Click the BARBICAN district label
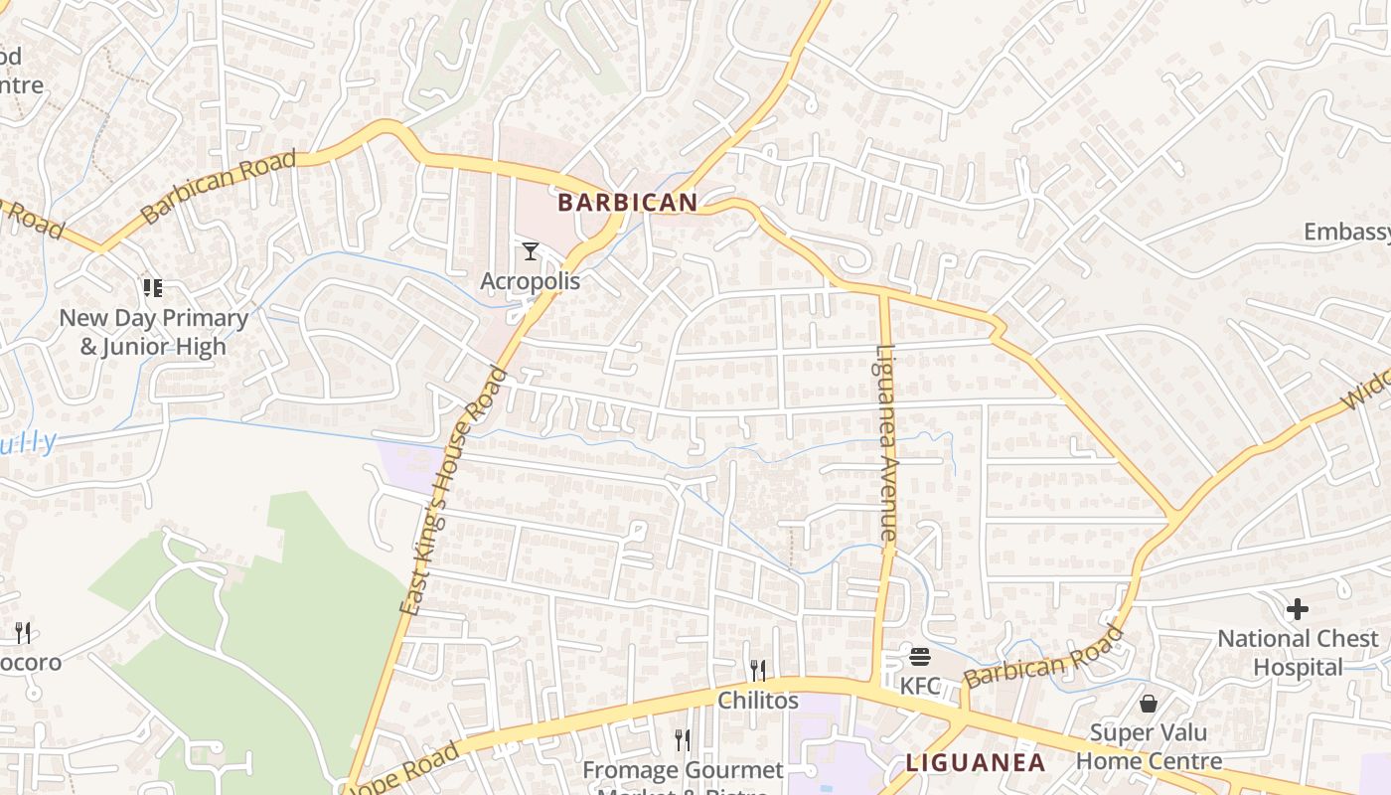click(x=627, y=203)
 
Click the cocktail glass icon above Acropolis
click(x=531, y=251)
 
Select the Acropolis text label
click(x=530, y=281)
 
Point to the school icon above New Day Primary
click(x=152, y=288)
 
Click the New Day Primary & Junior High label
click(x=153, y=332)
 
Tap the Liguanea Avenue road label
click(x=886, y=442)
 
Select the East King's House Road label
click(x=453, y=491)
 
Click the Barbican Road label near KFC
click(x=1043, y=658)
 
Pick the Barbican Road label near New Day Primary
click(x=219, y=187)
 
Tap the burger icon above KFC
click(x=919, y=657)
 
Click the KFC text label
click(x=919, y=686)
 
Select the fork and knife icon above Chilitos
click(x=758, y=671)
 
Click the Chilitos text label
click(x=758, y=701)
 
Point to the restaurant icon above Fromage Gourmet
click(x=683, y=740)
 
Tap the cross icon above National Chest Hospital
click(x=1298, y=609)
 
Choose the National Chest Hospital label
click(x=1298, y=653)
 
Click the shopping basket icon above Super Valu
click(x=1149, y=704)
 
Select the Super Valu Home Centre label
click(x=1149, y=747)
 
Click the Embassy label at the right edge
click(x=1346, y=233)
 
